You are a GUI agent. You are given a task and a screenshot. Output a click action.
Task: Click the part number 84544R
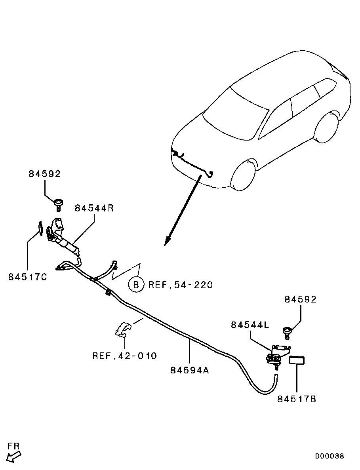(94, 208)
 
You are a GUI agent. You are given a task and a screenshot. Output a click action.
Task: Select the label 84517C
(28, 277)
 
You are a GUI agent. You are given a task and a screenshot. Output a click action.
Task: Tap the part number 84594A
(190, 370)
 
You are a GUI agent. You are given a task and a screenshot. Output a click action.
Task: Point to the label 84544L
(250, 325)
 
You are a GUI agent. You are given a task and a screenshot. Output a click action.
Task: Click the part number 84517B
(297, 399)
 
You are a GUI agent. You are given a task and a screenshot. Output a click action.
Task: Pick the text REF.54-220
(181, 284)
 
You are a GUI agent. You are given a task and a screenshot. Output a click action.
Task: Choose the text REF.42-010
(125, 356)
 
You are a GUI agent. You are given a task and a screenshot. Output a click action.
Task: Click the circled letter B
(136, 285)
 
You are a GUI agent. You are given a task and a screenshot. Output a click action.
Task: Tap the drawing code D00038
(330, 456)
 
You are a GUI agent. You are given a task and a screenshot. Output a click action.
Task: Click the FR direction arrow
(14, 457)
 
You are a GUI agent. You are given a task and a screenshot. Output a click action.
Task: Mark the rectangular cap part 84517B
(297, 360)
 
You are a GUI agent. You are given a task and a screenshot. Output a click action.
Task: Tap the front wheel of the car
(244, 176)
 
